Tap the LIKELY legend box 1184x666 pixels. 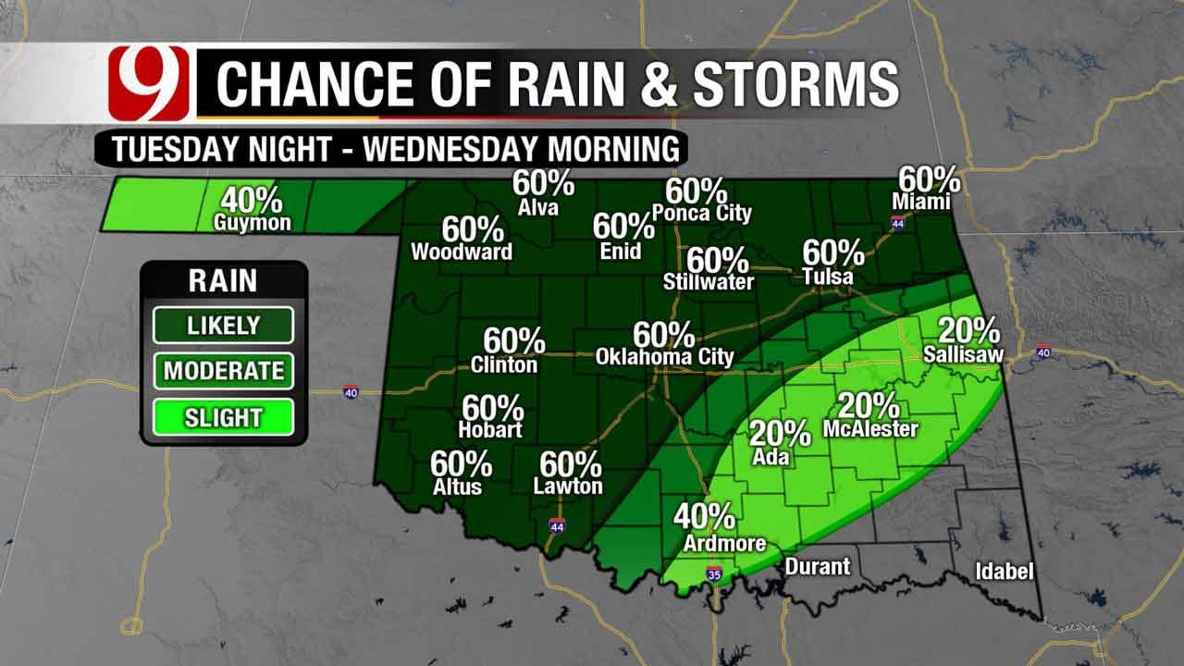(224, 326)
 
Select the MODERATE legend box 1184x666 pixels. (224, 371)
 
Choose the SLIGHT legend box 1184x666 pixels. (224, 417)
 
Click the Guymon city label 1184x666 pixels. (253, 223)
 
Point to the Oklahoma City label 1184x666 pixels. (664, 356)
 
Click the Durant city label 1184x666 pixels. (817, 566)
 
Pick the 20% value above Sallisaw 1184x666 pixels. (968, 331)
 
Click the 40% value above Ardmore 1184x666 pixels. (705, 516)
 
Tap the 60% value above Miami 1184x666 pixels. (929, 179)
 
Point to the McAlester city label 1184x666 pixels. (869, 428)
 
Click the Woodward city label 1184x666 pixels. (461, 252)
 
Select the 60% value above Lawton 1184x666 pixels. (571, 464)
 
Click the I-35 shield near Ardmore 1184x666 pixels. (712, 574)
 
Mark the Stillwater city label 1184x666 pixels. (709, 282)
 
